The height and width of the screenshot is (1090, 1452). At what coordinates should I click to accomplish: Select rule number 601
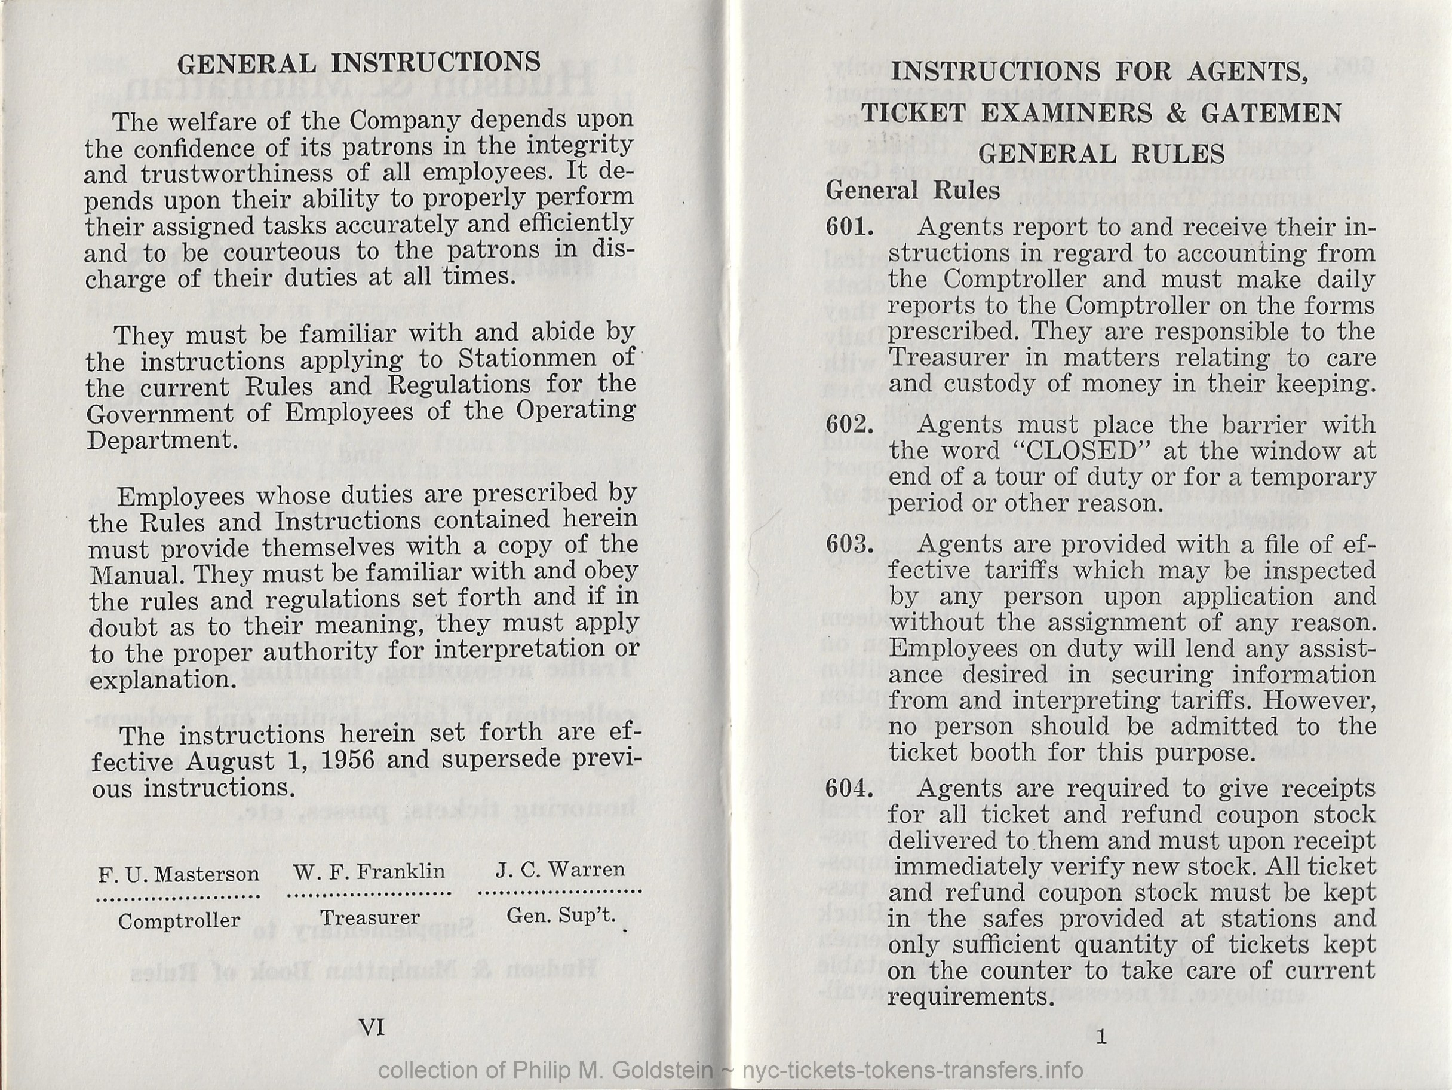(849, 227)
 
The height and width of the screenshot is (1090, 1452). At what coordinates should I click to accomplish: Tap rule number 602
(849, 424)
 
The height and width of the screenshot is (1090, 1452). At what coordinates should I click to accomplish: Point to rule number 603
(849, 544)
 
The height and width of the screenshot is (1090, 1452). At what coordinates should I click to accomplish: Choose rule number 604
(849, 788)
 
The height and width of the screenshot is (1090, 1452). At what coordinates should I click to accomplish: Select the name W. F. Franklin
(369, 872)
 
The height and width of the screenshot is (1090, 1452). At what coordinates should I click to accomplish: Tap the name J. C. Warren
(560, 869)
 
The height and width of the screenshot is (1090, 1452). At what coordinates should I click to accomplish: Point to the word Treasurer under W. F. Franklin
(370, 917)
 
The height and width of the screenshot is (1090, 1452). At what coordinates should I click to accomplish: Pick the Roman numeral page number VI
(372, 1027)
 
